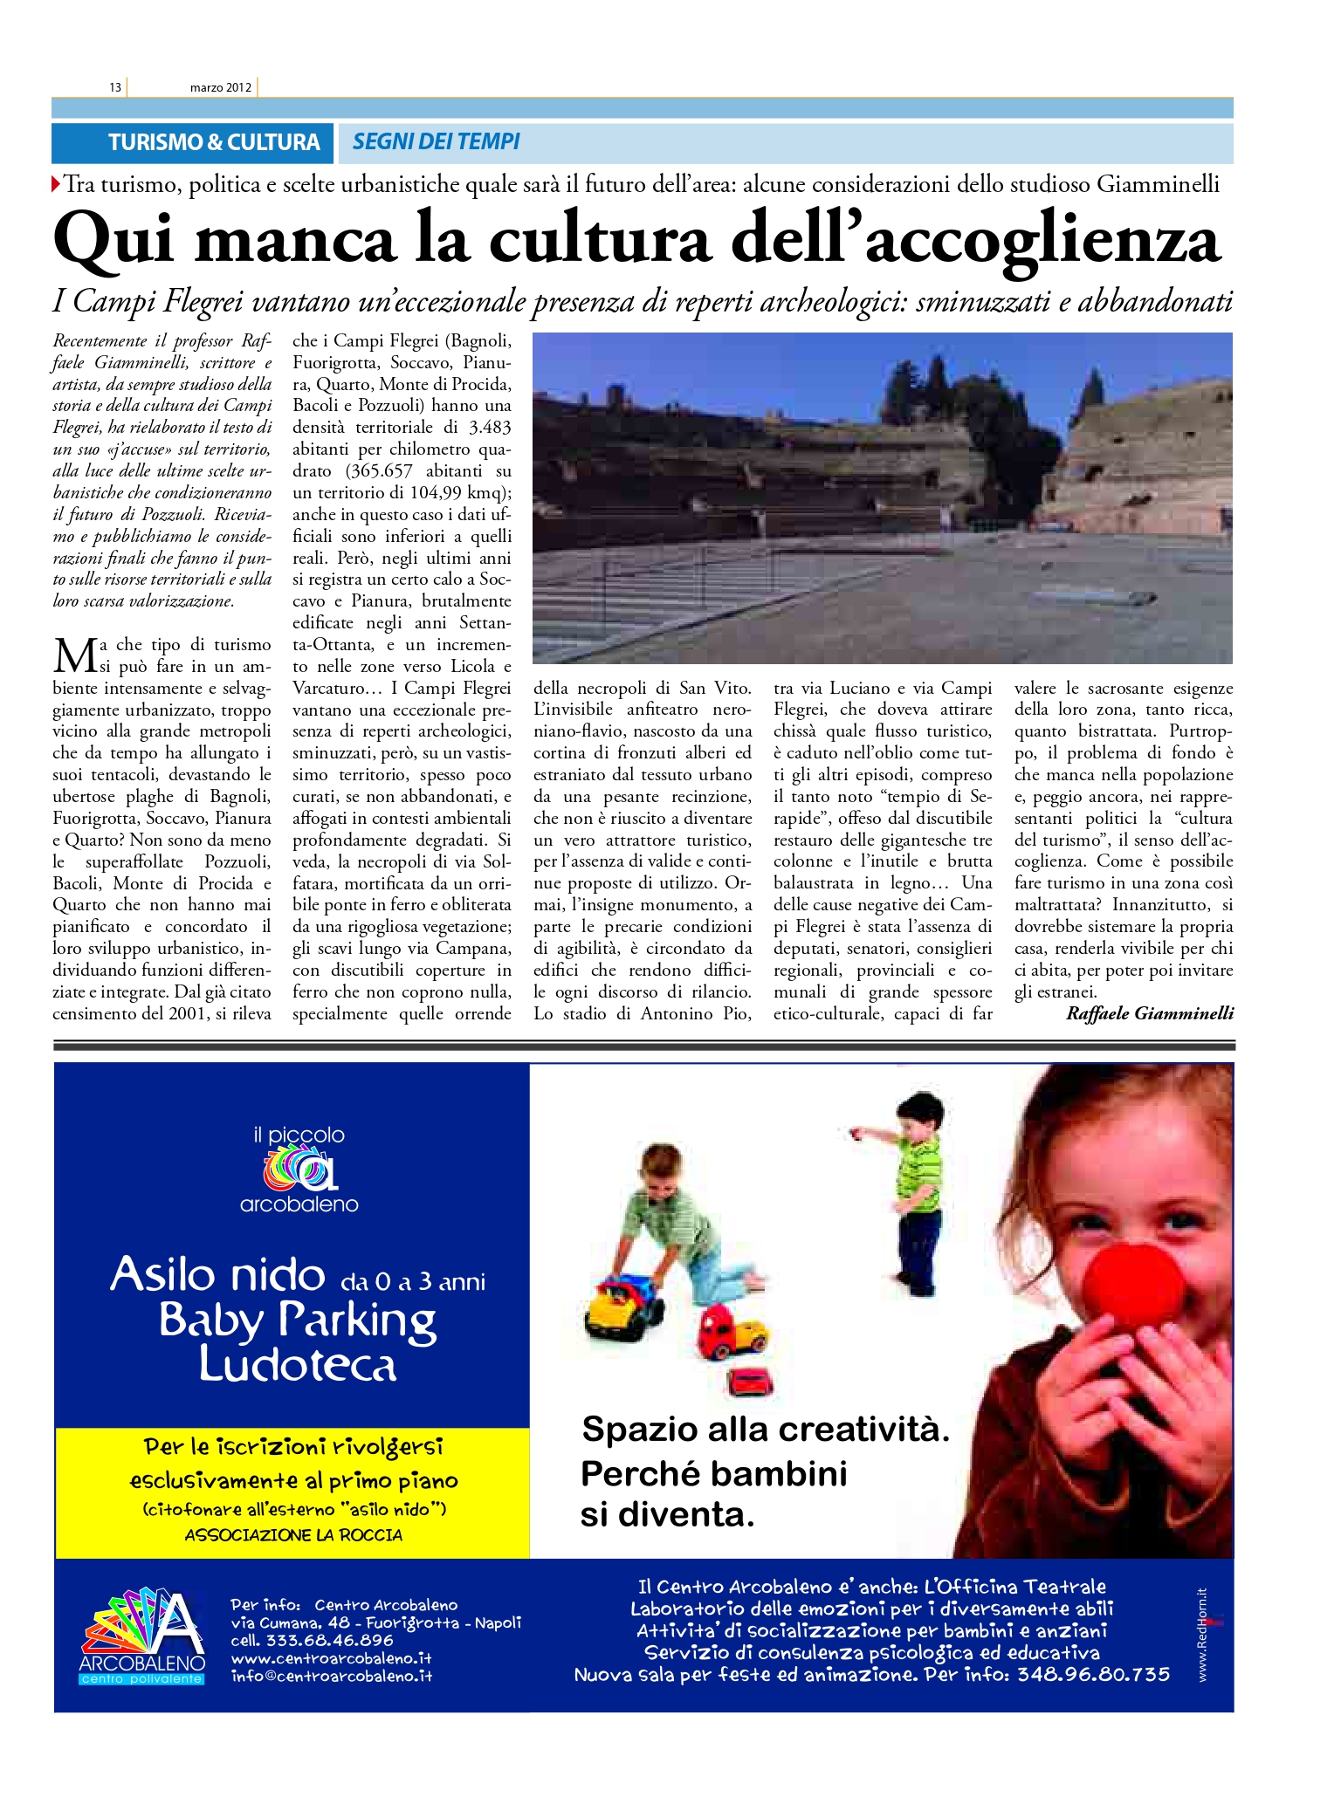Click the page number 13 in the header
[114, 87]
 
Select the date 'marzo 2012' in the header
[220, 87]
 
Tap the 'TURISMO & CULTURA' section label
[214, 142]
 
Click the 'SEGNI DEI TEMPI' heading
[436, 141]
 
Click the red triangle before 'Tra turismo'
[57, 185]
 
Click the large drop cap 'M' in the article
[72, 655]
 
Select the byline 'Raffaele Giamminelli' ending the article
[1149, 1013]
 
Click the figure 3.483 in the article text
[489, 428]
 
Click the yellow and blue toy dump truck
[625, 1308]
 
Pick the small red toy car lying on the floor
[750, 1380]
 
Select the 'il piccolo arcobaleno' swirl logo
[299, 1170]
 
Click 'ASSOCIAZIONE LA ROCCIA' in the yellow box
[293, 1535]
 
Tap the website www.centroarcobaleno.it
[331, 1658]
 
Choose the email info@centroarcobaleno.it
[332, 1676]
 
